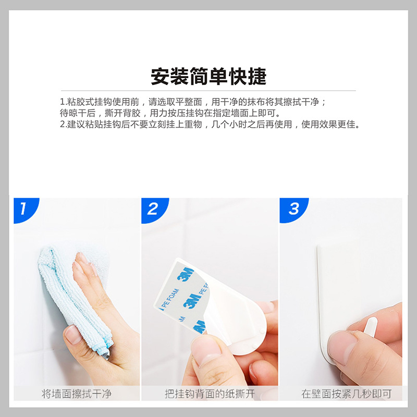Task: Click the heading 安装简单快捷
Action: click(208, 76)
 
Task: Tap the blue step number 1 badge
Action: click(23, 210)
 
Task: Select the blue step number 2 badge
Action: click(152, 210)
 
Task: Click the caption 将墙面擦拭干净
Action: click(77, 394)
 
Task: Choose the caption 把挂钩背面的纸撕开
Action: click(210, 394)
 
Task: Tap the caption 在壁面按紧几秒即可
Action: click(346, 394)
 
